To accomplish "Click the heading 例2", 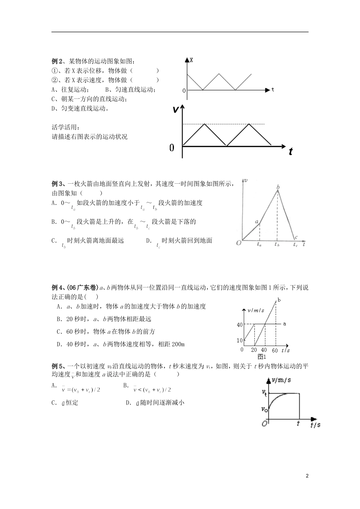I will (57, 61).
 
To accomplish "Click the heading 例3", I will (57, 184).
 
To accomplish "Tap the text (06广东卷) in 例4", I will (83, 287).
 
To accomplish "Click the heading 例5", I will (57, 366).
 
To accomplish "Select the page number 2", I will (307, 476).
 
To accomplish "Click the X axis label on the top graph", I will (191, 60).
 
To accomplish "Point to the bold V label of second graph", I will (175, 110).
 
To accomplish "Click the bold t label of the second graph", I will (290, 151).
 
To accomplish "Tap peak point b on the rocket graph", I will (278, 187).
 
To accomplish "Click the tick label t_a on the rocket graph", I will (259, 245).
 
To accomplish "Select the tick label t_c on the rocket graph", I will (296, 245).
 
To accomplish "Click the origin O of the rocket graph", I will (239, 243).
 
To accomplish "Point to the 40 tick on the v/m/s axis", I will (239, 325).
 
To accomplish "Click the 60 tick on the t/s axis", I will (275, 350).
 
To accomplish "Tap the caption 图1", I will (262, 356).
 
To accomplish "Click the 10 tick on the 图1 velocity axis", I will (239, 340).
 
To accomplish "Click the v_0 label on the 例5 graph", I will (265, 409).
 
